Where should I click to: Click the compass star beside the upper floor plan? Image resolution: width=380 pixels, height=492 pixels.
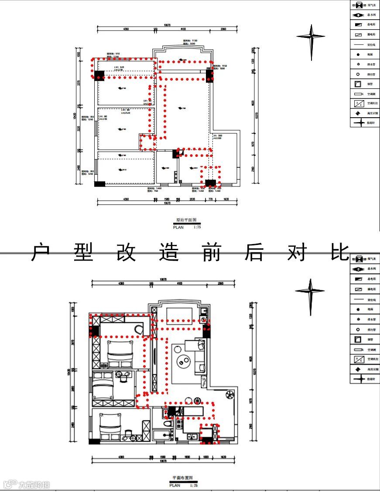click(x=311, y=37)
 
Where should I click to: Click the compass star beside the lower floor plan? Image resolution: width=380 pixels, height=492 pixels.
click(x=310, y=291)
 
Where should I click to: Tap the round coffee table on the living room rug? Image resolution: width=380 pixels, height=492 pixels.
click(x=183, y=361)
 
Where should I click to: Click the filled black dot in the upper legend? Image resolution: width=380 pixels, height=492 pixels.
click(x=358, y=54)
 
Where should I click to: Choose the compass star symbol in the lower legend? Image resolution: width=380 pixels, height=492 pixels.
click(x=359, y=379)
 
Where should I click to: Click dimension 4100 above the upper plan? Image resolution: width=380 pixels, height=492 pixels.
click(x=183, y=29)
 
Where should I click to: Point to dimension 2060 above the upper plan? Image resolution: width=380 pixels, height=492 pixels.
click(x=223, y=29)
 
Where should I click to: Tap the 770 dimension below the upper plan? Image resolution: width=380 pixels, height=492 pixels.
click(x=211, y=199)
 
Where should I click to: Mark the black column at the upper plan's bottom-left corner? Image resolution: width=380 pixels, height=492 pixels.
click(x=99, y=184)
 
